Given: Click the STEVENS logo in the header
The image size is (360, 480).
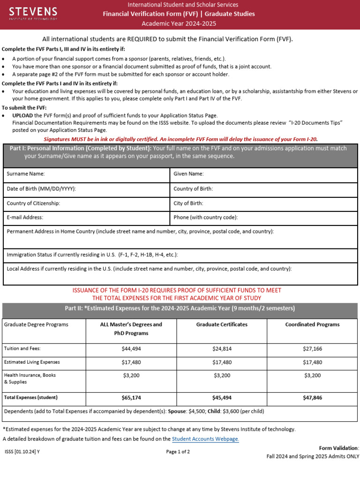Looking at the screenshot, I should (33, 14).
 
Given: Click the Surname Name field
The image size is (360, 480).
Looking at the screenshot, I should (87, 174).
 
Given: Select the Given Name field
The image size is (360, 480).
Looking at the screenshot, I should (263, 174).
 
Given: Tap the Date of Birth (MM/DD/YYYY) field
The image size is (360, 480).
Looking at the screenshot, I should (87, 189).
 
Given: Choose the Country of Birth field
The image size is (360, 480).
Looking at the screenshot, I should (263, 189).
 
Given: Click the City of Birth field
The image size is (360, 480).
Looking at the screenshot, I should (263, 203).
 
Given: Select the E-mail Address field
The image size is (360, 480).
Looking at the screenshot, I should (87, 217).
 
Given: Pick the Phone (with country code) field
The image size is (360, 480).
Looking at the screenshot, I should (263, 217).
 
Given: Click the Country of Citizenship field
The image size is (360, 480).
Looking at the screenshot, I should (87, 203).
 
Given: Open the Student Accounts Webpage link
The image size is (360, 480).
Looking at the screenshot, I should (205, 439).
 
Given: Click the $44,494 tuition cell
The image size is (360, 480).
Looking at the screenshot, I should (131, 349).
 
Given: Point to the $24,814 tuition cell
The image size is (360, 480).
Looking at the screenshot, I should (222, 349).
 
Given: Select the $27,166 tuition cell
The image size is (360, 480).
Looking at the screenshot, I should (312, 349).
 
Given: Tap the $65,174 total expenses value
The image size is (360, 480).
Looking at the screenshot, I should (131, 397).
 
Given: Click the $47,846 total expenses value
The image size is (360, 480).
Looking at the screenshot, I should (312, 397).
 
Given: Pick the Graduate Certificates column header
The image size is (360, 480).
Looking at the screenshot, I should (222, 324).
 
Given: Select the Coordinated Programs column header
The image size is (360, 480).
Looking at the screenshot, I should (312, 324).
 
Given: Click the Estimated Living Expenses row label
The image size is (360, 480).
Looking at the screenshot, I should (32, 362).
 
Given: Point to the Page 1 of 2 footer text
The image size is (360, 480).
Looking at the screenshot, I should (178, 452).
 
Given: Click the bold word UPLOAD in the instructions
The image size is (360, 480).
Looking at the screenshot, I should (22, 115).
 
